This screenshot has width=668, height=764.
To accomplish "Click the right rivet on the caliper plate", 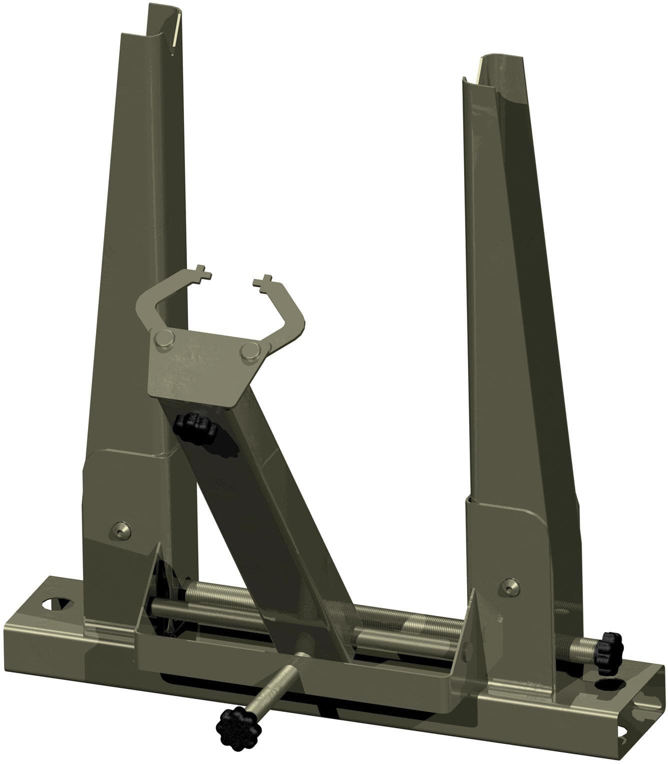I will (248, 351).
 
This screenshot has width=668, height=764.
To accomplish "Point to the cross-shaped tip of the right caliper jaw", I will (262, 281).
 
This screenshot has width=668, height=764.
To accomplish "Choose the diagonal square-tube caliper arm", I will (260, 500).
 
